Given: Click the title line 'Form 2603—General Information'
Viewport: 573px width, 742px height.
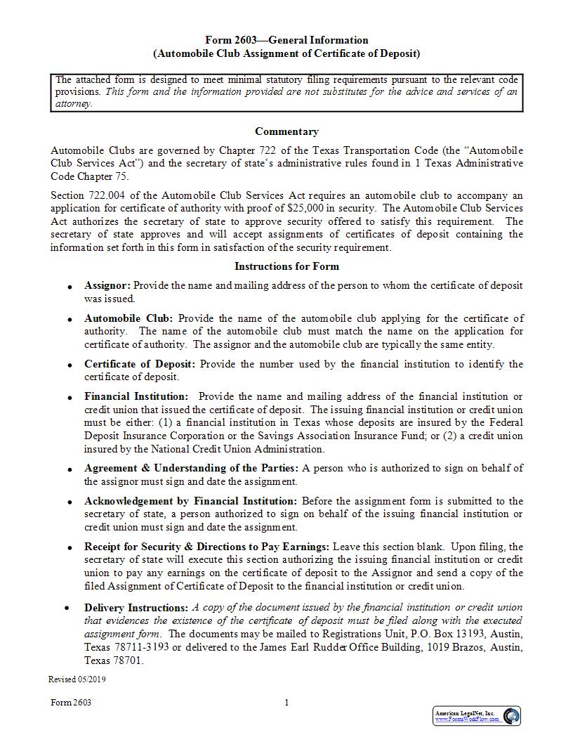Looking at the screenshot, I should (286, 40).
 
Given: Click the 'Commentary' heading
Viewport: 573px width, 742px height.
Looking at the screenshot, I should (286, 131).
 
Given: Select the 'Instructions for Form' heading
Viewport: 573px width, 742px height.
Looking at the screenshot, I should (286, 266).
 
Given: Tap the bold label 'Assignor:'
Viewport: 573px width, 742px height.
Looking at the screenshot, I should (107, 286).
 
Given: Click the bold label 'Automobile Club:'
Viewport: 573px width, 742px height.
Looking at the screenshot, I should (129, 318).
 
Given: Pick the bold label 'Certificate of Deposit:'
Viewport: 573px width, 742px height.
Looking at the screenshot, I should (140, 364).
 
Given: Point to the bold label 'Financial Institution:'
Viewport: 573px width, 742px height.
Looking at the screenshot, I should (136, 396).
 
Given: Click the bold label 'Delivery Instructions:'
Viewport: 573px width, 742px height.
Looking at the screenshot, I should (136, 607).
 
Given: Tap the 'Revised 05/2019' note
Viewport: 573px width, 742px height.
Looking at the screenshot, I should (77, 679).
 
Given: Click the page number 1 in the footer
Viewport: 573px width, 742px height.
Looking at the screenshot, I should (286, 703).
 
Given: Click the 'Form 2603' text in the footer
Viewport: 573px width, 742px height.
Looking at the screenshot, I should (71, 703).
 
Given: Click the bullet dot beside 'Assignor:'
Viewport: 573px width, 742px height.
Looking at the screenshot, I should (69, 287).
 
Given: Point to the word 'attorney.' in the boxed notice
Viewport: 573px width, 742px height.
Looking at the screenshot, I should (73, 103).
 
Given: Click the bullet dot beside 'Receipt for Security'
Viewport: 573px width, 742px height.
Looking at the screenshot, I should (69, 548).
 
